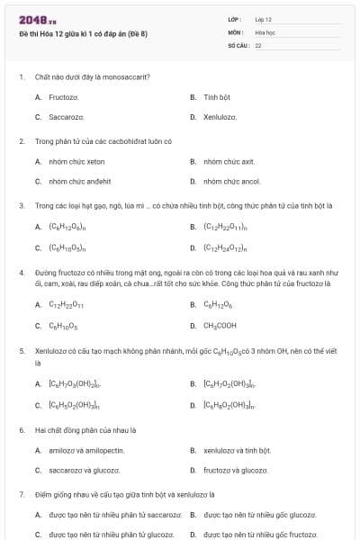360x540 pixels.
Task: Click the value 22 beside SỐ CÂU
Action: pos(258,44)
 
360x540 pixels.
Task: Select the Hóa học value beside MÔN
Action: pos(265,31)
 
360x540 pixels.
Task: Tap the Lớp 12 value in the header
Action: pos(263,19)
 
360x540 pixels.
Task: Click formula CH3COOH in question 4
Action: pos(220,325)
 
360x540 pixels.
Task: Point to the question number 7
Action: pos(21,494)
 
